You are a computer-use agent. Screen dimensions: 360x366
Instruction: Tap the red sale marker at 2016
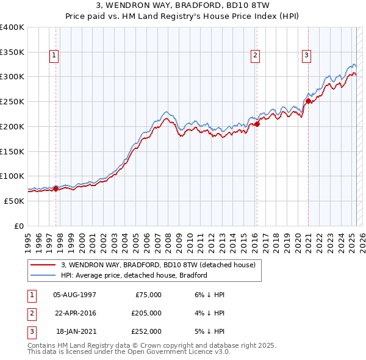pyautogui.click(x=257, y=124)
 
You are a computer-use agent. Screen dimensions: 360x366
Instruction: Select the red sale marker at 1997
pyautogui.click(x=56, y=189)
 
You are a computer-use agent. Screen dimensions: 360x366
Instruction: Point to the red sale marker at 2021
pyautogui.click(x=308, y=101)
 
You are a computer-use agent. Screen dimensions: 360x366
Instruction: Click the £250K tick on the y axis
pyautogui.click(x=12, y=101)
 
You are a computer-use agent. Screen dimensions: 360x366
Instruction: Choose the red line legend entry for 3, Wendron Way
pyautogui.click(x=161, y=265)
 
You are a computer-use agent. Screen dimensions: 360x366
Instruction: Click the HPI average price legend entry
pyautogui.click(x=134, y=275)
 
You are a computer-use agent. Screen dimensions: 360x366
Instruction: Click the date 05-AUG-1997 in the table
pyautogui.click(x=75, y=295)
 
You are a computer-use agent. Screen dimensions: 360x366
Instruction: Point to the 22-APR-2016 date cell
pyautogui.click(x=75, y=313)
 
